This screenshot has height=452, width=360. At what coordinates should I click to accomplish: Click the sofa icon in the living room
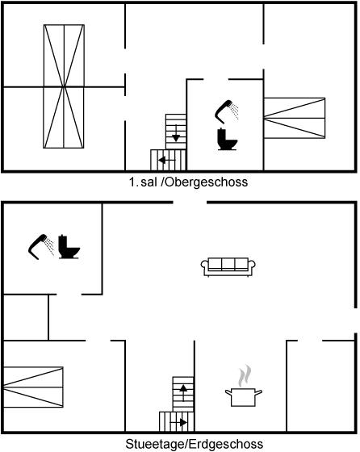point(228,266)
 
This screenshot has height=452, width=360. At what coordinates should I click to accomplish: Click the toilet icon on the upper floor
point(227,139)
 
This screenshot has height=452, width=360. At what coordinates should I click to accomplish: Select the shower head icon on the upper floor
point(227,111)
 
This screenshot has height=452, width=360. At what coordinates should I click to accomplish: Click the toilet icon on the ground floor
point(69,247)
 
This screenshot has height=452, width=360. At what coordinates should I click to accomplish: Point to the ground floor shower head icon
point(41,247)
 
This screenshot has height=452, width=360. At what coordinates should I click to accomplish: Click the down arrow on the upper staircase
point(176,133)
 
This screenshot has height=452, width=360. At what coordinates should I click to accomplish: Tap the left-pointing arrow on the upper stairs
point(166,160)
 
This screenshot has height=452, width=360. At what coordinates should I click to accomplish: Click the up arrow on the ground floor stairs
point(183,392)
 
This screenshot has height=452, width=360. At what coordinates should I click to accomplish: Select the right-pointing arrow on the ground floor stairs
point(178,423)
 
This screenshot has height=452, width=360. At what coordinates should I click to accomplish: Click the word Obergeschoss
point(207,182)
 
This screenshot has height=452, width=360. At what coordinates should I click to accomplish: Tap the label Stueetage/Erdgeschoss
point(194,444)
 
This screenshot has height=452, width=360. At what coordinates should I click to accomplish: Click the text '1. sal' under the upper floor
point(143,182)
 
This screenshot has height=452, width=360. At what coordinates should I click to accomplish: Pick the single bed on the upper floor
point(295,118)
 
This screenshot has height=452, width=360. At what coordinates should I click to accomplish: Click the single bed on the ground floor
point(33,387)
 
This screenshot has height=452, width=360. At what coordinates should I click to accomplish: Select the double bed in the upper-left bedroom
point(64,86)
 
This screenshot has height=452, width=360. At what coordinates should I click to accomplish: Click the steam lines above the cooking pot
point(245,376)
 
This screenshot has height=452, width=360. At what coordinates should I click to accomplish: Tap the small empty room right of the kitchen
point(320,387)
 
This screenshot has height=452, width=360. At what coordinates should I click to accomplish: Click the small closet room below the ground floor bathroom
point(26,317)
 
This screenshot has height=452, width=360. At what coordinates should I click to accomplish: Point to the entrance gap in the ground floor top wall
point(190,203)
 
